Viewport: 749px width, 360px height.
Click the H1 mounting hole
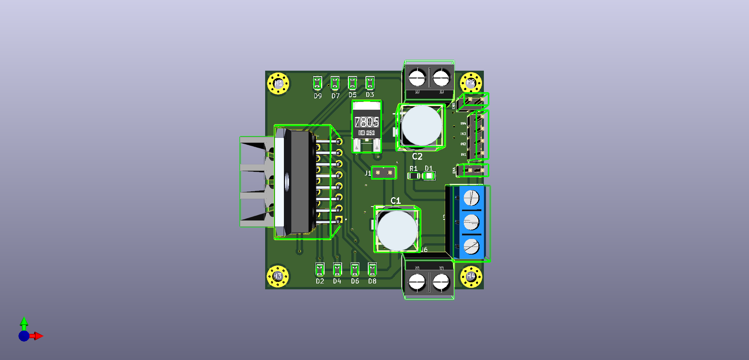tap(278, 83)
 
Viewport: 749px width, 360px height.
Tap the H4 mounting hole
tap(471, 276)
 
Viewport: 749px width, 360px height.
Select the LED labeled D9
tap(317, 83)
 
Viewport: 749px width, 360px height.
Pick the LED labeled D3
tap(370, 83)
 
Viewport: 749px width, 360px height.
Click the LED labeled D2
tap(320, 269)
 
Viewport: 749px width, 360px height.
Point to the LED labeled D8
tap(372, 269)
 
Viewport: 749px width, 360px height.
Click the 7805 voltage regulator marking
tap(367, 122)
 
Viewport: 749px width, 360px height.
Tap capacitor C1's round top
tap(397, 230)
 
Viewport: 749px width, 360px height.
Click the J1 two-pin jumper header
tap(383, 172)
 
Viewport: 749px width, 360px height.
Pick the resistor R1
tap(414, 176)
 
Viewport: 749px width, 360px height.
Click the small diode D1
tap(429, 176)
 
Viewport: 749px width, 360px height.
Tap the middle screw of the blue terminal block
tap(471, 222)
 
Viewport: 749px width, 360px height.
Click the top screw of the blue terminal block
tap(471, 198)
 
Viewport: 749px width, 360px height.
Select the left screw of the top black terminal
tap(417, 77)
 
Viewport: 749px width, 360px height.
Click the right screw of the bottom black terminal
tap(441, 282)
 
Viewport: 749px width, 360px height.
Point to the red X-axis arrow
tap(38, 336)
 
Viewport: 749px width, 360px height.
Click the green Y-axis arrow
tap(24, 322)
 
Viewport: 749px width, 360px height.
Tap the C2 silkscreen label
tap(417, 157)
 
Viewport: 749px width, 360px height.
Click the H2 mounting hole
tap(471, 83)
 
